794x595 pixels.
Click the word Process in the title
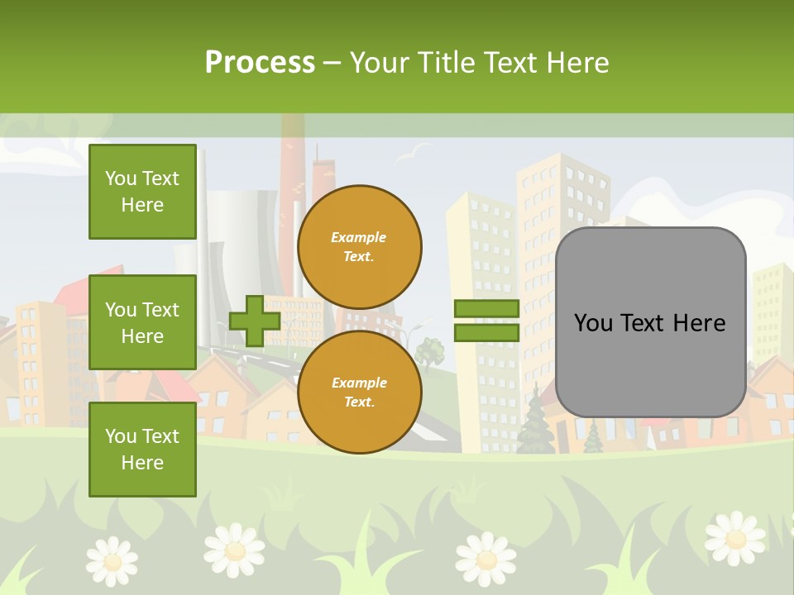pos(260,63)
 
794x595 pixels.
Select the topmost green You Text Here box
pos(142,192)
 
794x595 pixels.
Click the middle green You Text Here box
pos(142,322)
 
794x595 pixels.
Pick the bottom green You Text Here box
pos(142,450)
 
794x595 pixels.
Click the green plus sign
pos(254,321)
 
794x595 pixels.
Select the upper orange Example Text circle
pos(359,247)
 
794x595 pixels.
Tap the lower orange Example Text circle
pos(359,393)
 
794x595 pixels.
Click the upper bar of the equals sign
pos(486,309)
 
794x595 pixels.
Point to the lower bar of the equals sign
pos(486,332)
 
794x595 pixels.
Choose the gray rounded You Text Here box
pos(650,322)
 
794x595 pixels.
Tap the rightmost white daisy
pos(734,537)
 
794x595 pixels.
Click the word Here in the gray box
pos(698,323)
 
